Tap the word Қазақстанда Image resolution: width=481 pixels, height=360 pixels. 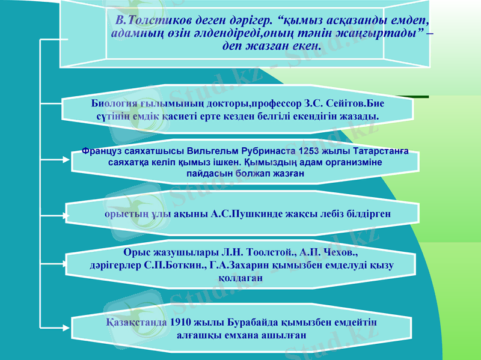136,322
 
